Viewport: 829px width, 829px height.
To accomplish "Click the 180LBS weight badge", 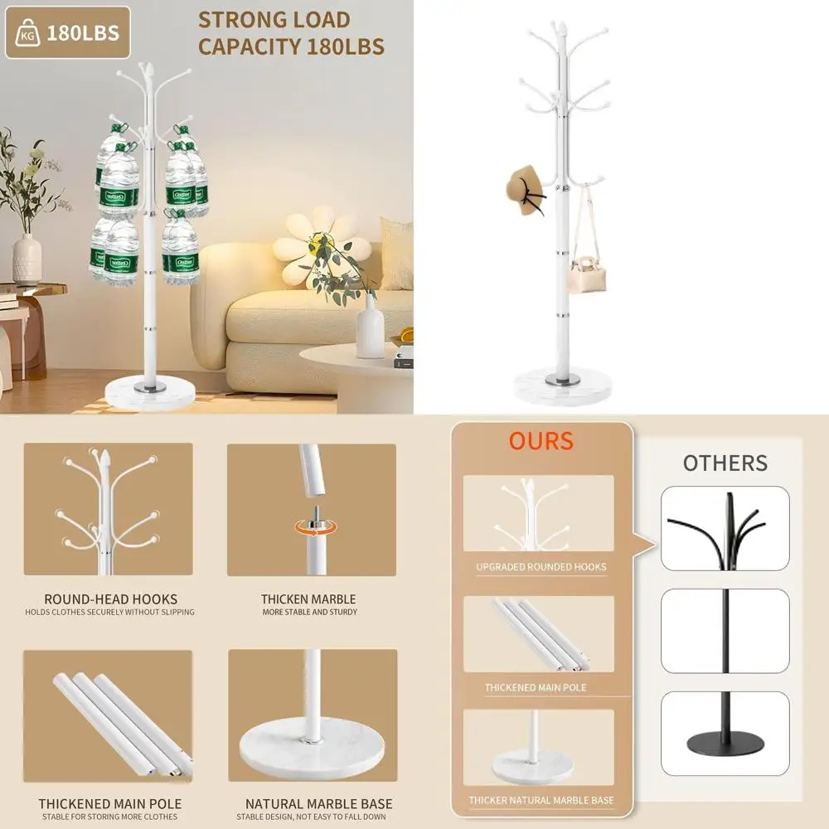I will coord(68,33).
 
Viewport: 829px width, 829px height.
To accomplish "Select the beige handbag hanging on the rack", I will coord(587,273).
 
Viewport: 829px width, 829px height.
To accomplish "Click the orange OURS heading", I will coord(541,441).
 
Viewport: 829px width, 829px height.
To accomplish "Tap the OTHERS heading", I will coord(725,463).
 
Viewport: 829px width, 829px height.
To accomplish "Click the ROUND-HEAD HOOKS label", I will coord(110,599).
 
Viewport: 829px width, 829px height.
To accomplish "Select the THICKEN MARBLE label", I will coord(308,599).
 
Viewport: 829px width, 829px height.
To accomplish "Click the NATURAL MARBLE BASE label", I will coord(319,804).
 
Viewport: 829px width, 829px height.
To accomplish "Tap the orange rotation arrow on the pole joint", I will coord(316,527).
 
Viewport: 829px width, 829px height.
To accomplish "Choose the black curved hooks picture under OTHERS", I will coord(725,528).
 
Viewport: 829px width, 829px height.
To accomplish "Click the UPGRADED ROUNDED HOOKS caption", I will coord(541,567).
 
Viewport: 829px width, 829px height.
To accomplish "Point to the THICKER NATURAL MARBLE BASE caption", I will coord(541,800).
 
